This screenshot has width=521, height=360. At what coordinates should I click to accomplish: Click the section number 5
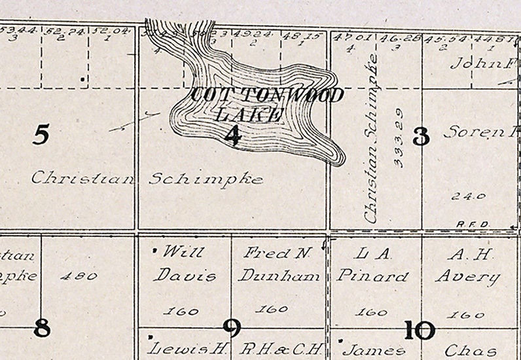pyautogui.click(x=41, y=135)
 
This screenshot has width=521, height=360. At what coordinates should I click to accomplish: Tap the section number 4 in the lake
pyautogui.click(x=232, y=135)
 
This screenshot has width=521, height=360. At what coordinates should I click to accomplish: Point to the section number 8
pyautogui.click(x=41, y=327)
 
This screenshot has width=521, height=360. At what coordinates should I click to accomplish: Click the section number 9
pyautogui.click(x=232, y=327)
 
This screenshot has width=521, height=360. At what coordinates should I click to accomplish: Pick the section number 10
pyautogui.click(x=420, y=331)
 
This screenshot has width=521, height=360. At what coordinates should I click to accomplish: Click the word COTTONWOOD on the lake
pyautogui.click(x=267, y=96)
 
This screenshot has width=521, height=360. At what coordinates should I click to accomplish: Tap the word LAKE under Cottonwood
pyautogui.click(x=249, y=115)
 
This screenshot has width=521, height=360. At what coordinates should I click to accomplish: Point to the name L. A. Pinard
pyautogui.click(x=372, y=264)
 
